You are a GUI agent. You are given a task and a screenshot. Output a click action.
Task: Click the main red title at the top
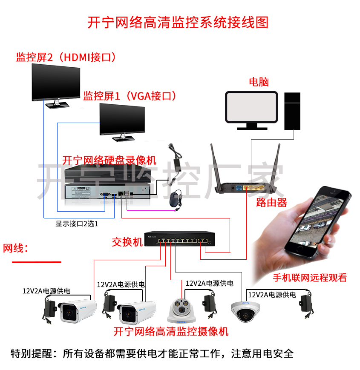click(178, 23)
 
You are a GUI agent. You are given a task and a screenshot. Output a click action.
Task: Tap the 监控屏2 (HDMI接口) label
click(66, 57)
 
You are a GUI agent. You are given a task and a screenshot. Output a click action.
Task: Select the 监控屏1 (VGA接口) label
click(130, 96)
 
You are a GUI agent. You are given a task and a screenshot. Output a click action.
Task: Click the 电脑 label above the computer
click(259, 82)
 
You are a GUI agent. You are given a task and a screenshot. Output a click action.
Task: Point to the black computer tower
click(292, 111)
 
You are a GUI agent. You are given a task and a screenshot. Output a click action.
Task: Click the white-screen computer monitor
click(252, 110)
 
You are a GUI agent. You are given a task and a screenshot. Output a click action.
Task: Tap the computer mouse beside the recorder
click(175, 199)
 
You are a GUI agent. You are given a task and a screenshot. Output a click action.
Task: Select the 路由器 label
click(271, 203)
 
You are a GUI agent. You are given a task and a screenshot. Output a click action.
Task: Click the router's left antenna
click(216, 165)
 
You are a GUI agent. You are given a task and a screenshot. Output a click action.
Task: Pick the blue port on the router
click(239, 188)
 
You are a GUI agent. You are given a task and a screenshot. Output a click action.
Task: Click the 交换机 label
click(127, 242)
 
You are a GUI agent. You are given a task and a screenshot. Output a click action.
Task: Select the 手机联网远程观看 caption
click(310, 278)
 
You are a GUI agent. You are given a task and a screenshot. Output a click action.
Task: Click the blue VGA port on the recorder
click(105, 195)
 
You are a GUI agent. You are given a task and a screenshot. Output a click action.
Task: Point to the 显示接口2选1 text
click(77, 224)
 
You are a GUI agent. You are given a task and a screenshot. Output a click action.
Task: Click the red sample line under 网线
click(37, 262)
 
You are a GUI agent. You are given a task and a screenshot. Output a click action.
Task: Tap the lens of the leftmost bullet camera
click(69, 313)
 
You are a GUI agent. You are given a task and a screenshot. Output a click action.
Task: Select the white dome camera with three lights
click(181, 310)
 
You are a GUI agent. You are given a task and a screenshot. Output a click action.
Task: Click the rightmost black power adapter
click(306, 304)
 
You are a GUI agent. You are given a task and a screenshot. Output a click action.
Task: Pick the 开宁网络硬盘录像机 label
click(109, 161)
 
